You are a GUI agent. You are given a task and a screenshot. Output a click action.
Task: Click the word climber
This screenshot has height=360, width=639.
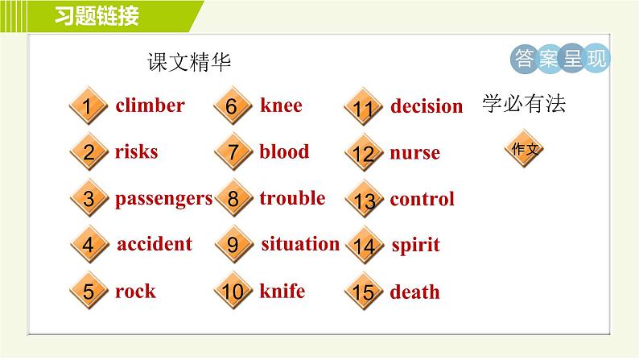pyautogui.click(x=150, y=106)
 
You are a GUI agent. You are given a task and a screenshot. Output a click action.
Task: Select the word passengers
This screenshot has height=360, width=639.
pyautogui.click(x=163, y=198)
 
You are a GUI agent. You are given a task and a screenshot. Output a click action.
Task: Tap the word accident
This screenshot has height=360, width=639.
pyautogui.click(x=155, y=244)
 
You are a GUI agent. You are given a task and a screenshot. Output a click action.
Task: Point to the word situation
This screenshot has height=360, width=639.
pyautogui.click(x=300, y=244)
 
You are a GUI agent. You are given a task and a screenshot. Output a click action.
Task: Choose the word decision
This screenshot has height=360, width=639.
pyautogui.click(x=427, y=106)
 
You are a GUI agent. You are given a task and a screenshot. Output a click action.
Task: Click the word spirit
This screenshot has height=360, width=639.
pyautogui.click(x=415, y=246)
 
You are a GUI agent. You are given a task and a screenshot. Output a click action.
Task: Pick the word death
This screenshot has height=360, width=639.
pyautogui.click(x=414, y=292)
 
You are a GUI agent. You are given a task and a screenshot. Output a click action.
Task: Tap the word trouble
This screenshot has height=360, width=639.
pyautogui.click(x=292, y=198)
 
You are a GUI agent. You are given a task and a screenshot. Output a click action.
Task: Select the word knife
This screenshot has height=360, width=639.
pyautogui.click(x=282, y=291)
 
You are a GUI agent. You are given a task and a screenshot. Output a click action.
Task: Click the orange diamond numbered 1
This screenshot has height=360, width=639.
pyautogui.click(x=89, y=106)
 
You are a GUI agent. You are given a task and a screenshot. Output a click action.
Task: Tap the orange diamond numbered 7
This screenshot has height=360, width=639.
pyautogui.click(x=233, y=152)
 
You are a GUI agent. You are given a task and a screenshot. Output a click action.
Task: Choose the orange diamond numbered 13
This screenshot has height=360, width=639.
pyautogui.click(x=364, y=200)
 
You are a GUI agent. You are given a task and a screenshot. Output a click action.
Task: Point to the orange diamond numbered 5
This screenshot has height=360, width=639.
pyautogui.click(x=89, y=292)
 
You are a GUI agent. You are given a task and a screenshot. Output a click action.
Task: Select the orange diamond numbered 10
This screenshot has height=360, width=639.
pyautogui.click(x=233, y=292)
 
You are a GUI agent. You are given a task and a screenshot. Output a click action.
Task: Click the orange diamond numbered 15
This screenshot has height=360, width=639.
pyautogui.click(x=364, y=292)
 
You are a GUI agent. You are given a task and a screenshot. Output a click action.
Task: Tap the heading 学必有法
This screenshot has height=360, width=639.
pyautogui.click(x=524, y=105)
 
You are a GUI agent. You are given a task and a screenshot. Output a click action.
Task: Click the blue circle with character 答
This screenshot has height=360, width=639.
pyautogui.click(x=524, y=59)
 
